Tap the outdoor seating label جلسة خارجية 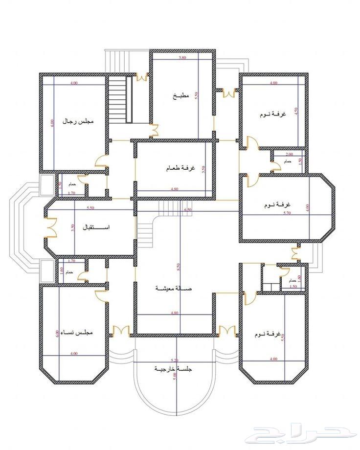174,368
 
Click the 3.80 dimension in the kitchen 182,58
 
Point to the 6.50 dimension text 187,209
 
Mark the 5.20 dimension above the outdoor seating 174,360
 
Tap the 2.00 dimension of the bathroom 289,154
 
